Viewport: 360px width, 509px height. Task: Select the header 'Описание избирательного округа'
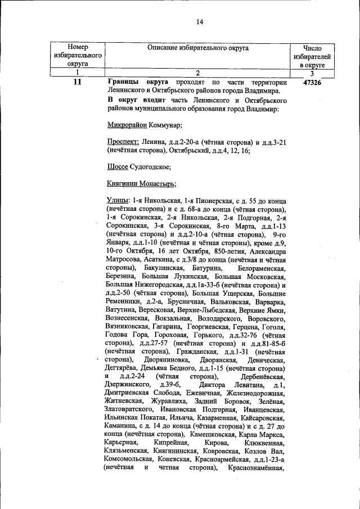click(x=198, y=48)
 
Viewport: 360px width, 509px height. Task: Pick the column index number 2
click(x=198, y=73)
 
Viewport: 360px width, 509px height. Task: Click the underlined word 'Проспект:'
click(x=123, y=142)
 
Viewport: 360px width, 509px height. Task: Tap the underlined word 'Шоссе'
click(x=117, y=167)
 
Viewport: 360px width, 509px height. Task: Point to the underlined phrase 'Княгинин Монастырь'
click(x=141, y=183)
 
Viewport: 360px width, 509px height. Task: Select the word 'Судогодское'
click(x=149, y=167)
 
